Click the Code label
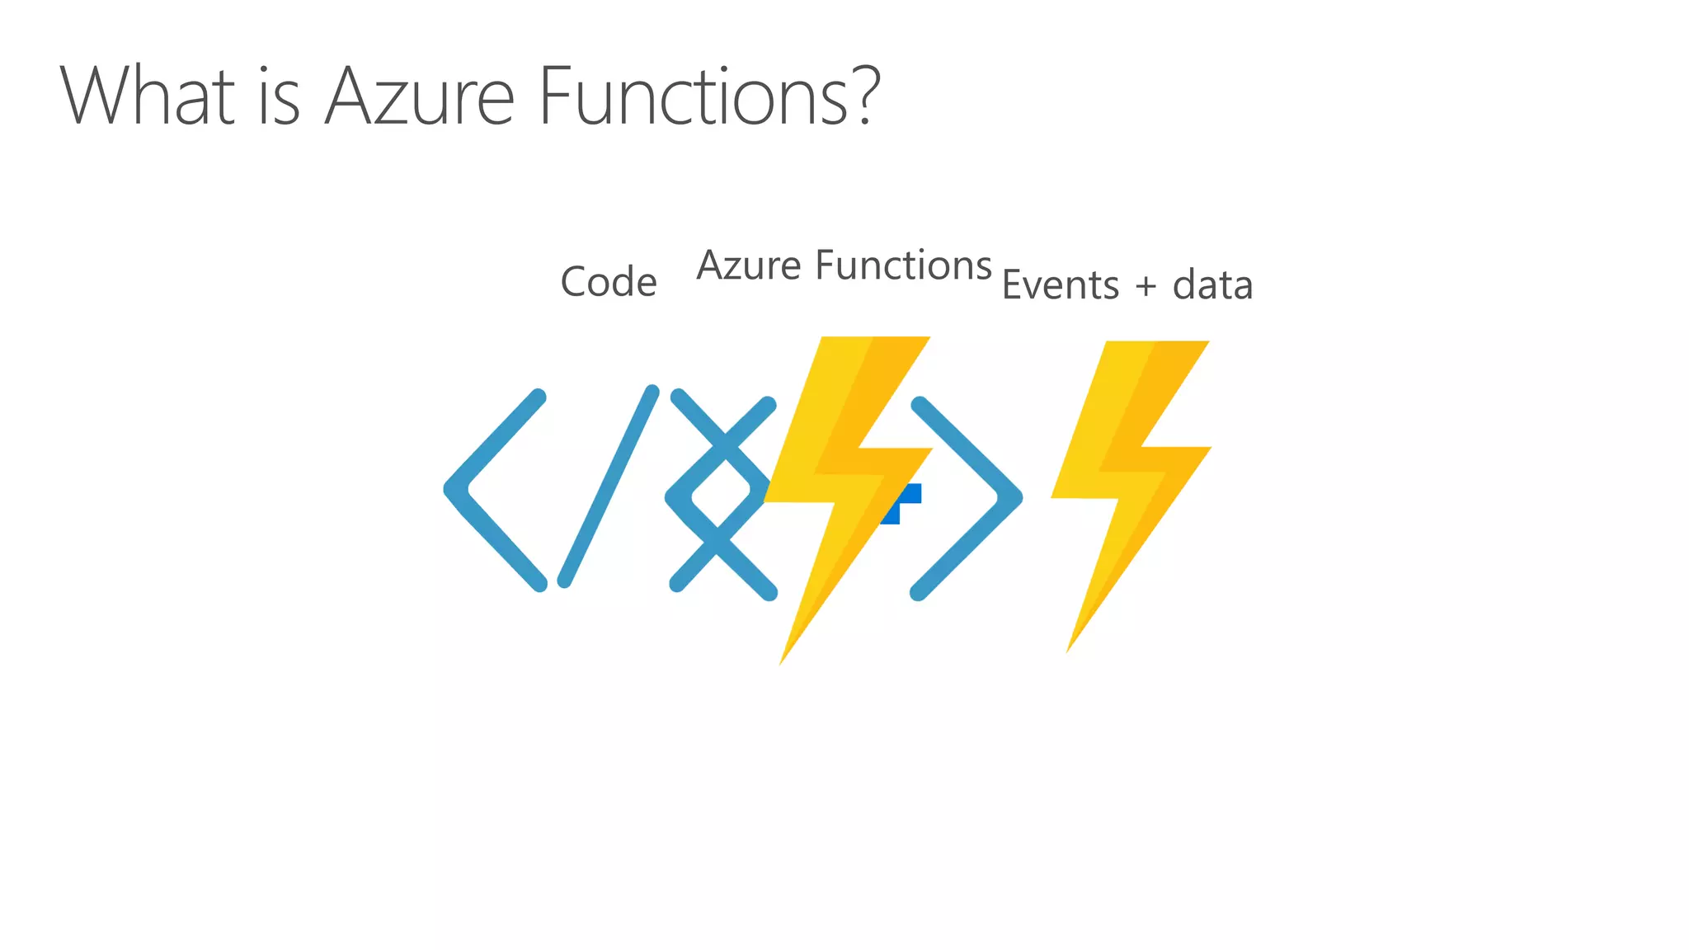pyautogui.click(x=609, y=282)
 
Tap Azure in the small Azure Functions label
pyautogui.click(x=749, y=266)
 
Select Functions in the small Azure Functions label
pyautogui.click(x=903, y=266)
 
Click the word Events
pyautogui.click(x=1061, y=285)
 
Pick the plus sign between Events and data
pyautogui.click(x=1146, y=287)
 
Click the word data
pyautogui.click(x=1212, y=285)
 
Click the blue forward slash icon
pyautogui.click(x=609, y=487)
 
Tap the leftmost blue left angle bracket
pyautogui.click(x=493, y=490)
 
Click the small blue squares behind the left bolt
pyautogui.click(x=904, y=500)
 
